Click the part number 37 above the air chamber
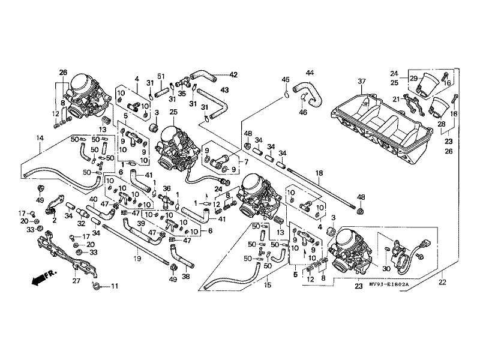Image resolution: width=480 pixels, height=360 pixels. pos(362,82)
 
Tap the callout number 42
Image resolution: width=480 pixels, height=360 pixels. pos(234,75)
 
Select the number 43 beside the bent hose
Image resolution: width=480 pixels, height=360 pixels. pos(224,90)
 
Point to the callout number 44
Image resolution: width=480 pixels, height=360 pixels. pos(310,73)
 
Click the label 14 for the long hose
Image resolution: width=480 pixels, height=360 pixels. pos(40,139)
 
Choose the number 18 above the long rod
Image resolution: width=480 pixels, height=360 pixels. pos(319,173)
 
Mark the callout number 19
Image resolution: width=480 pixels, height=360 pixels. pos(137,259)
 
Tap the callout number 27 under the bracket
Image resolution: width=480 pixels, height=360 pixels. pos(76,280)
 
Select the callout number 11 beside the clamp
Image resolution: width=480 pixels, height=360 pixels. pos(115,286)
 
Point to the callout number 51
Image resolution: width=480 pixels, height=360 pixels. pos(161,76)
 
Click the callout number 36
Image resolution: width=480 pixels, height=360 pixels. pos(167,188)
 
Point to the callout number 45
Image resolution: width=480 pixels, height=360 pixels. pos(286,80)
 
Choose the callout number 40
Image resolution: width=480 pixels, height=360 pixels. pos(93,199)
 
